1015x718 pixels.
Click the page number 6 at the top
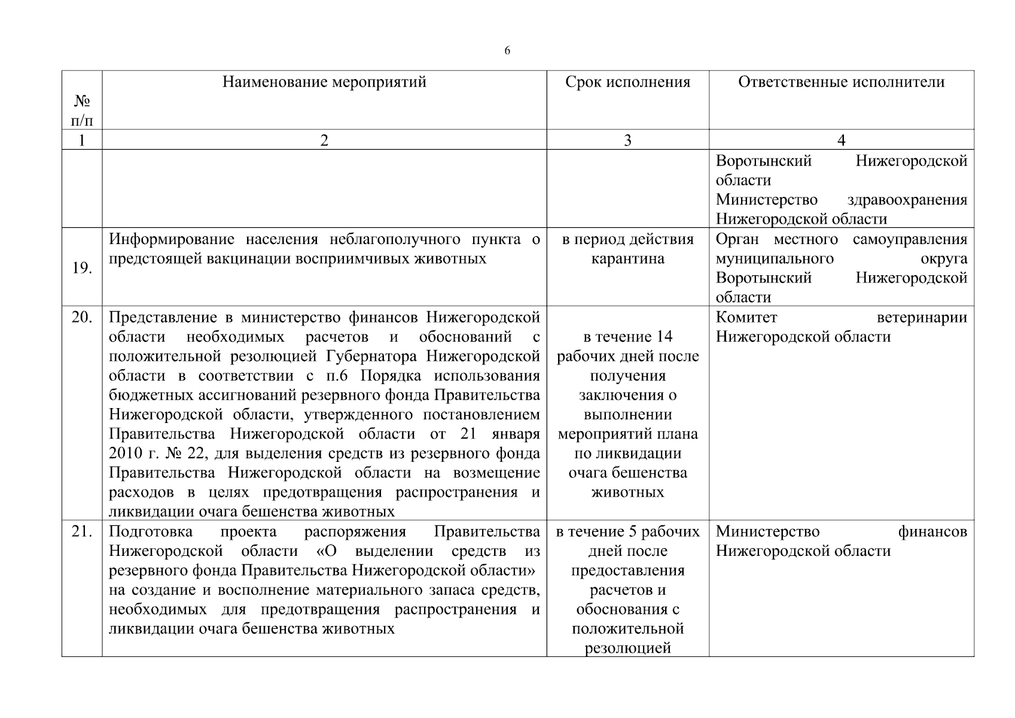(507, 51)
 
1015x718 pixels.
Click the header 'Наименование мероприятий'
(324, 82)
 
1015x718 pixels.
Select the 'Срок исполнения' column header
(627, 82)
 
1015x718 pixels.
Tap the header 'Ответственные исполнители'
(841, 82)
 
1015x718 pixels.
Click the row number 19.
(81, 268)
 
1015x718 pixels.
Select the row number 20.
(81, 317)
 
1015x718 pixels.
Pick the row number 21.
(81, 531)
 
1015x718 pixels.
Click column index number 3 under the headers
(627, 140)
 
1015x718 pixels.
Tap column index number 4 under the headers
(841, 140)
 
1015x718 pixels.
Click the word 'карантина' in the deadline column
(627, 259)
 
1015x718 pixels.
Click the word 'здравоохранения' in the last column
(907, 200)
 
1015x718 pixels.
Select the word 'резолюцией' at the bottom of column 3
(627, 648)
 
